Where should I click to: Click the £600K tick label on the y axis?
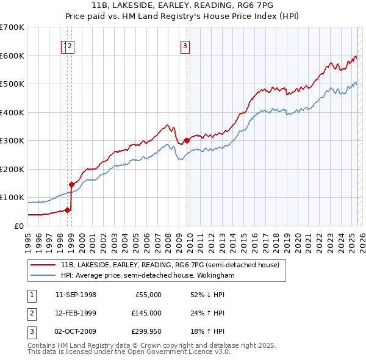point(12,56)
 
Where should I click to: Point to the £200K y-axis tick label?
point(12,169)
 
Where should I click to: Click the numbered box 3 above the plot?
point(185,45)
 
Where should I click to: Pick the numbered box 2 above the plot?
point(71,45)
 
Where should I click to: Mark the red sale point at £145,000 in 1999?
point(71,184)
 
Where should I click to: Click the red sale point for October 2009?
point(186,140)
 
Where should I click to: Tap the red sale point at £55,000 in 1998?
point(67,210)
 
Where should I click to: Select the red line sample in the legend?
point(43,265)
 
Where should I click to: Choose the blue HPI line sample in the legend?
point(43,275)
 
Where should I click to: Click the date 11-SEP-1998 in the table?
point(76,294)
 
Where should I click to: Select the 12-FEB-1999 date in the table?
point(76,313)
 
